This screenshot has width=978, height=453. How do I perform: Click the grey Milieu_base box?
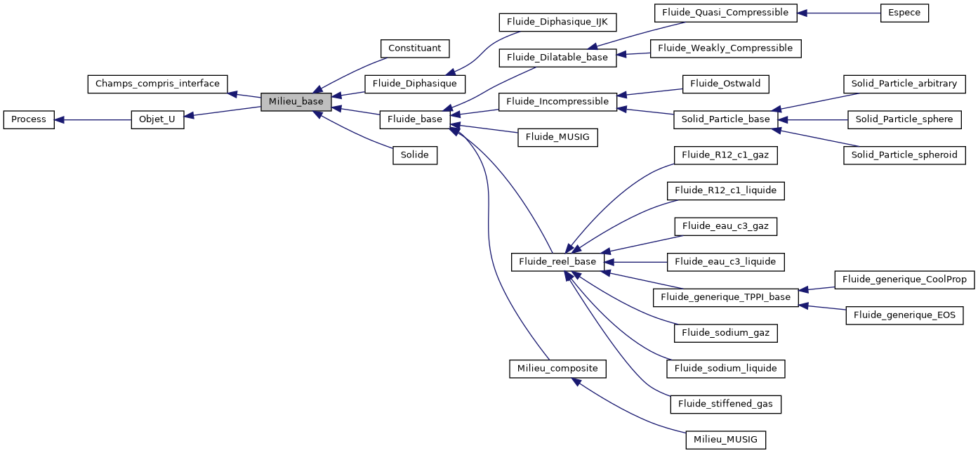[x=296, y=102]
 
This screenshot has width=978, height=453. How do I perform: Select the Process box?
[x=29, y=119]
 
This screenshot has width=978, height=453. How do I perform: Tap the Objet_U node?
[x=157, y=119]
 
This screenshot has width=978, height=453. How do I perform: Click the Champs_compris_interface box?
[x=157, y=84]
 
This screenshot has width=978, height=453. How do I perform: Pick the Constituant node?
[x=414, y=48]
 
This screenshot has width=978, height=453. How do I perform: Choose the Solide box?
[x=414, y=155]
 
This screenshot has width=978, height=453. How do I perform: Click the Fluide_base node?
[x=414, y=119]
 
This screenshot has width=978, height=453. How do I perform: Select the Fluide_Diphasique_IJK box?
[x=557, y=22]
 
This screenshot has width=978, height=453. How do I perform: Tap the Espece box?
[x=904, y=13]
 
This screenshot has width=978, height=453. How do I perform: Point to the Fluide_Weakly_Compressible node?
[x=725, y=48]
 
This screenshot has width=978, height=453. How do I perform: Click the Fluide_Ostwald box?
[x=725, y=84]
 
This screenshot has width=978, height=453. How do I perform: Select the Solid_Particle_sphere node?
[x=904, y=119]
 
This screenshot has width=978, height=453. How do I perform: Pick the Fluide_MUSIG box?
[x=557, y=138]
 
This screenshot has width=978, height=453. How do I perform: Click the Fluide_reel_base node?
[x=557, y=262]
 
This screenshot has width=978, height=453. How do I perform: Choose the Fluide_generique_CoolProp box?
[x=904, y=280]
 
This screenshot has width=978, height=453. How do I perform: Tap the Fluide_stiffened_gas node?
[x=725, y=404]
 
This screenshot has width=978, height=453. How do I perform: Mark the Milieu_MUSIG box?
[x=725, y=440]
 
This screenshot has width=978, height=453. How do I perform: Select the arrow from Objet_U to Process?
[x=93, y=119]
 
